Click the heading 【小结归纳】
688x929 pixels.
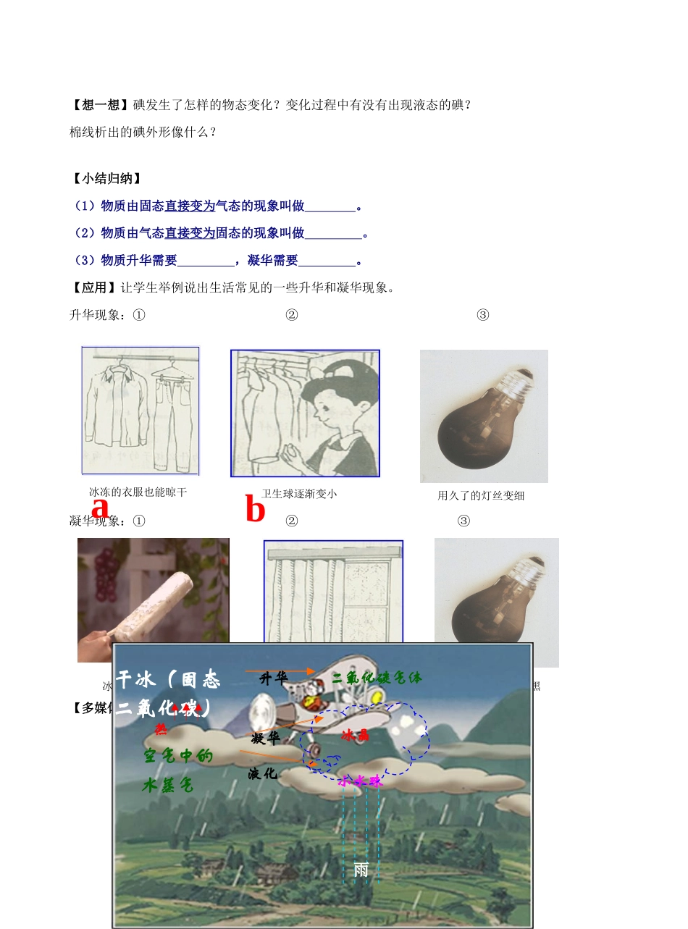click(x=106, y=179)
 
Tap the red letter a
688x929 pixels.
click(x=100, y=508)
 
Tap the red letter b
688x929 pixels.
click(x=255, y=510)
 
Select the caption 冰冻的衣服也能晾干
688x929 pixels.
click(x=138, y=492)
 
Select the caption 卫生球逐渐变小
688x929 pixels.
click(x=299, y=494)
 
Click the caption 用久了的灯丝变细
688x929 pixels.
click(x=481, y=496)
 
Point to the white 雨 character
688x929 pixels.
click(x=361, y=870)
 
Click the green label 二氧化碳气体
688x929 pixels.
click(x=377, y=678)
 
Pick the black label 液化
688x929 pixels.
click(x=263, y=773)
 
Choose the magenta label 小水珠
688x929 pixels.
click(x=359, y=781)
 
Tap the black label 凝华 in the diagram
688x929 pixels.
click(x=265, y=739)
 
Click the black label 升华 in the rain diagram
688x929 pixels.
click(x=273, y=678)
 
